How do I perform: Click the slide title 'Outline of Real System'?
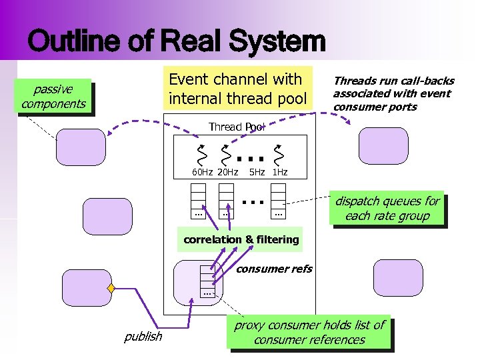(177, 41)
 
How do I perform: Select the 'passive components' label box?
(53, 96)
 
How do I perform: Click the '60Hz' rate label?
(202, 173)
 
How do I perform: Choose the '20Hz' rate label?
(228, 173)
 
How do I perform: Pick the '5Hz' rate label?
(257, 173)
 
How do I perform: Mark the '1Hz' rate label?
(280, 173)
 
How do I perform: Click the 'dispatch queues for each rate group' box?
(387, 209)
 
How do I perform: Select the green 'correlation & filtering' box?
(241, 239)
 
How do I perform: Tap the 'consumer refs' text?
(275, 269)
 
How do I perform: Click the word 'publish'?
(143, 336)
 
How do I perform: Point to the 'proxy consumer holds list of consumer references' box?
(309, 332)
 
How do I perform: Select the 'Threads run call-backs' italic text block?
(392, 93)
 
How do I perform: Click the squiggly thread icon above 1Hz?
(279, 154)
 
